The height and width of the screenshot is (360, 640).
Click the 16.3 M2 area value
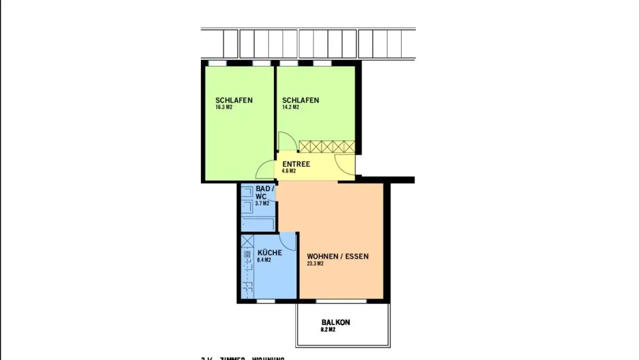click(224, 107)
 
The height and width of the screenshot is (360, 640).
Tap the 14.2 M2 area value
click(291, 107)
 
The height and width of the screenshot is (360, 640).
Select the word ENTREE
click(296, 164)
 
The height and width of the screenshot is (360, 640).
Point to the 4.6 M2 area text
click(289, 171)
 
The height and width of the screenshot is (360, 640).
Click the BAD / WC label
click(265, 192)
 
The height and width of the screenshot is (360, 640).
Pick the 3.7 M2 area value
click(262, 204)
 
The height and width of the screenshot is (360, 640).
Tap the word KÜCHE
click(269, 253)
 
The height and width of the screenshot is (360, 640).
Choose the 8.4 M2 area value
click(264, 260)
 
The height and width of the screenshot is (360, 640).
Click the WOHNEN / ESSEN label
click(338, 256)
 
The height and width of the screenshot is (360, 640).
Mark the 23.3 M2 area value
click(315, 264)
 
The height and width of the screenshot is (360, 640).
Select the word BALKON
click(336, 322)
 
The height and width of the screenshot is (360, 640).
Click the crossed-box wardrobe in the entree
click(327, 147)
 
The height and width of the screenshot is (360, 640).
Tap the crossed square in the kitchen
click(247, 241)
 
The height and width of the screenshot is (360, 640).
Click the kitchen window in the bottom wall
click(266, 301)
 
